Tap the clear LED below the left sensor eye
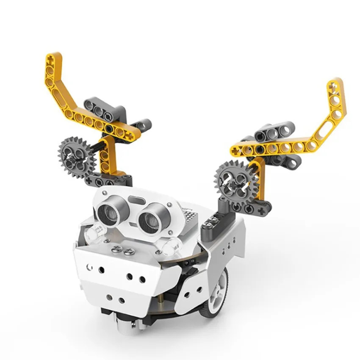94,232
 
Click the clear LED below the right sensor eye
170,244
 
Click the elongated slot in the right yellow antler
328,123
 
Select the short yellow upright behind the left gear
108,155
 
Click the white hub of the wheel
218,292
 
